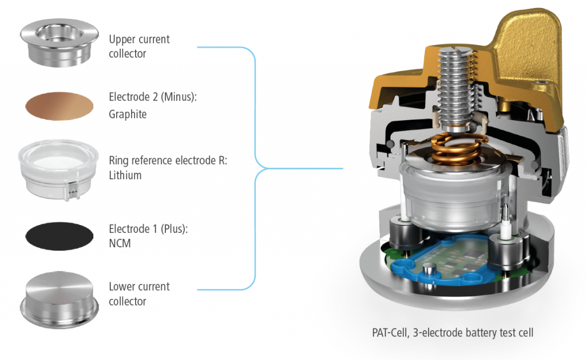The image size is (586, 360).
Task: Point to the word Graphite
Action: coord(128,114)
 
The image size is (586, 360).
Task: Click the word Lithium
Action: coord(125,175)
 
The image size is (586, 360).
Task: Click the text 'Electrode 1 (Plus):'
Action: coord(148,228)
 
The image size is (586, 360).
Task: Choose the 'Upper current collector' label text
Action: coord(139,46)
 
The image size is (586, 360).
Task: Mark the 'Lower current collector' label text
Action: coord(139,294)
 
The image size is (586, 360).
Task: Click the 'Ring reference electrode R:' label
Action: coord(168,161)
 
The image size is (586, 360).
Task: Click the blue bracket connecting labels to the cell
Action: coord(255,168)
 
